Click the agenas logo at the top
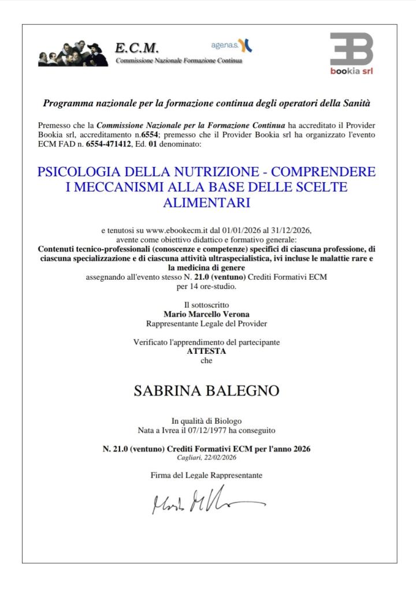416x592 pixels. click(232, 44)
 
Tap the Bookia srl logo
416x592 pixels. click(351, 54)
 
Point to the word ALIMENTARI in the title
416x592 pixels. click(206, 202)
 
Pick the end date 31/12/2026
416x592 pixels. click(291, 230)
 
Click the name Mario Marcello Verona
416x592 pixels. click(206, 314)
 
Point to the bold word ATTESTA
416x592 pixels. click(206, 351)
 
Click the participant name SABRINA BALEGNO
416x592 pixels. click(206, 391)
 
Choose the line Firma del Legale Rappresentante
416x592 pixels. click(206, 475)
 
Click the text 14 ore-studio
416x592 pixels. click(206, 286)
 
